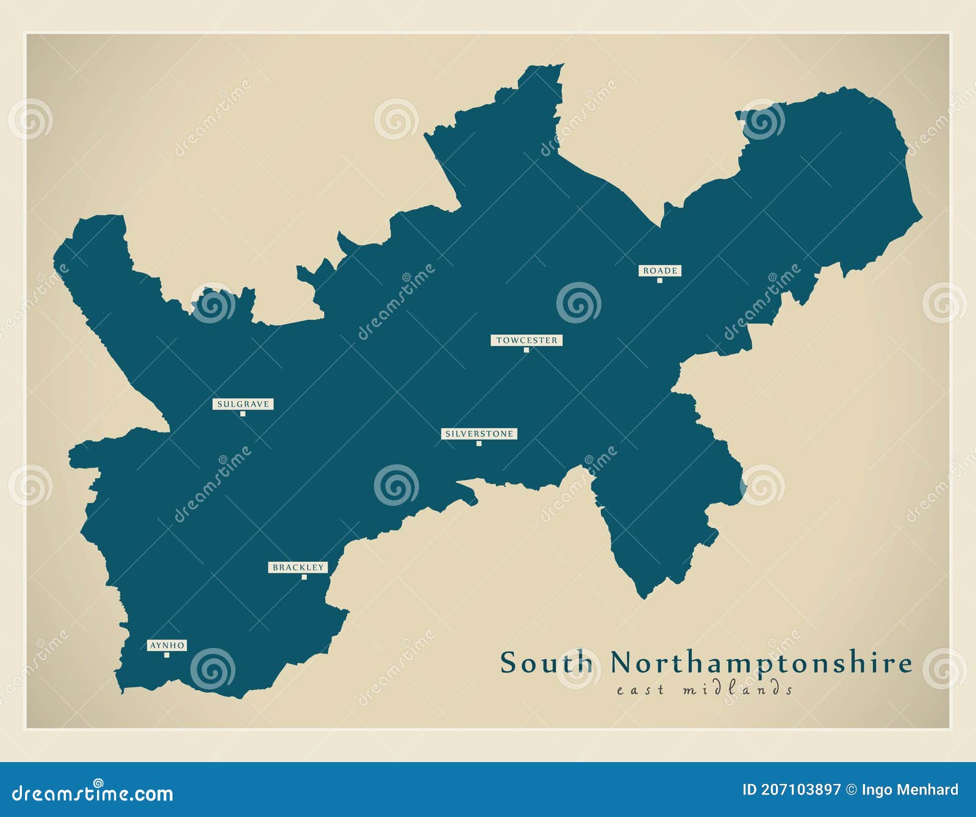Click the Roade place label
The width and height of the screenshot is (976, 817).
659,270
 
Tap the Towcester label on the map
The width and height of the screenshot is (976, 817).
526,340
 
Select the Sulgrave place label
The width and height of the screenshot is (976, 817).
243,404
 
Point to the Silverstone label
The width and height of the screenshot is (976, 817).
479,434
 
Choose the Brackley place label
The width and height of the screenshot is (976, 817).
298,567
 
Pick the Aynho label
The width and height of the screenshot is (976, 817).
167,645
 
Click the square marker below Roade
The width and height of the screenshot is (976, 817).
659,281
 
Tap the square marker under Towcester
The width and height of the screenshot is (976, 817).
526,350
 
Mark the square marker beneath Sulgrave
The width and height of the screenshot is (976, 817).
243,414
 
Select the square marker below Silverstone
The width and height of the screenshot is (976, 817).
479,444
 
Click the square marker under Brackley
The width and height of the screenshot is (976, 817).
304,577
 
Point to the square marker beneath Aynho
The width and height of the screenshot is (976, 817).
167,655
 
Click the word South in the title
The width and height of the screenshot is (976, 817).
547,663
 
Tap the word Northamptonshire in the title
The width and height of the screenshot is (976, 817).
761,663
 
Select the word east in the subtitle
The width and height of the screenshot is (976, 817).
640,690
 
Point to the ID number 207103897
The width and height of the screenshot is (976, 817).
791,790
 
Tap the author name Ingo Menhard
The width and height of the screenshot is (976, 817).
910,790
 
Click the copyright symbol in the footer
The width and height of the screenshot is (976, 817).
852,790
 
